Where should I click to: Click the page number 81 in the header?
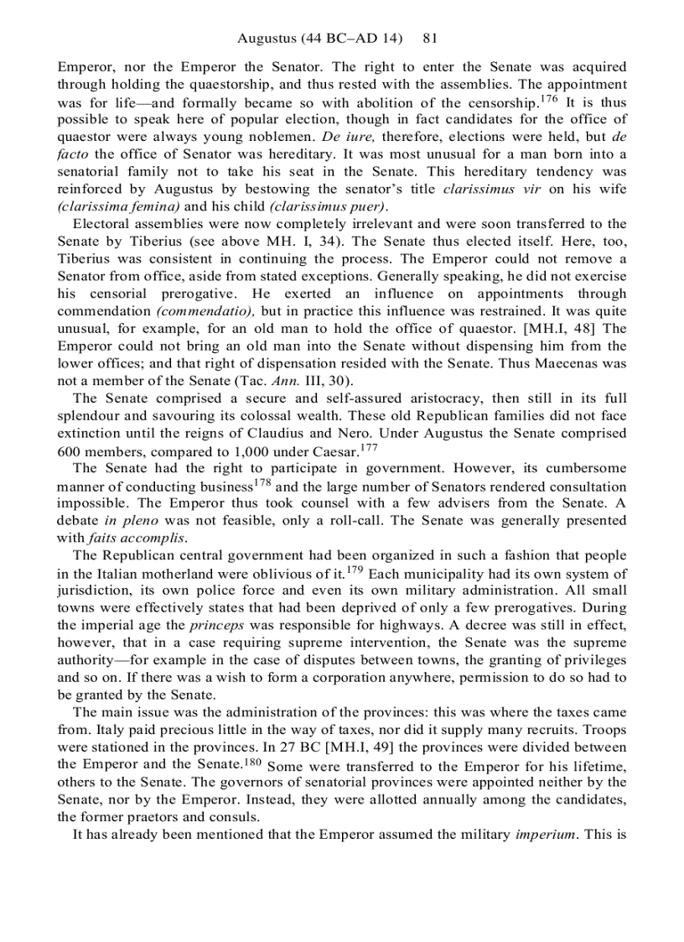(431, 39)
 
